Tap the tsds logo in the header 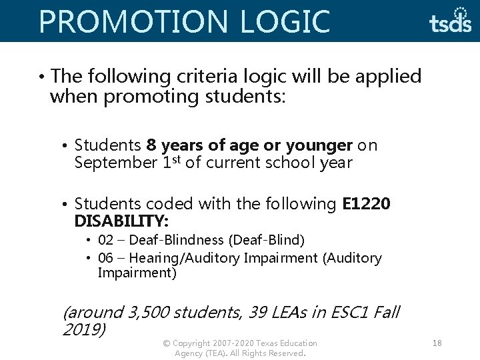click(451, 21)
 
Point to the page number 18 click(437, 343)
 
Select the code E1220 click(366, 203)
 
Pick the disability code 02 click(105, 239)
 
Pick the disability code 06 click(105, 258)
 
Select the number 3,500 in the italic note click(147, 312)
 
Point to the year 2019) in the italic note click(83, 329)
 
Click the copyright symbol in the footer click(166, 343)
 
